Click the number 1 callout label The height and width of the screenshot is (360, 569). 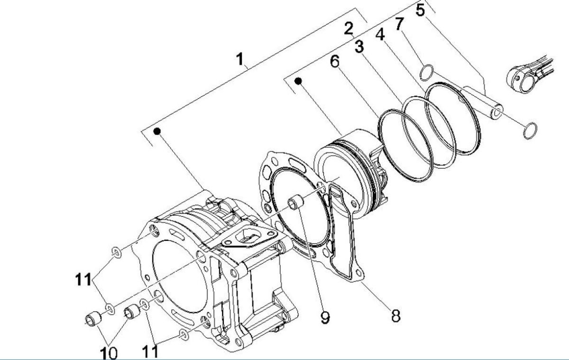click(x=240, y=59)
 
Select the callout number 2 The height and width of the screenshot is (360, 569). click(x=349, y=29)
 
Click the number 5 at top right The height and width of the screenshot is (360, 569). click(x=421, y=10)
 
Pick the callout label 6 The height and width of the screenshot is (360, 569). click(x=335, y=62)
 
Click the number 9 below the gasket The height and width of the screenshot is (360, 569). click(x=324, y=317)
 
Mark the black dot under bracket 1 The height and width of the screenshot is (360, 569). click(x=157, y=130)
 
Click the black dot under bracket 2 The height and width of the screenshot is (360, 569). click(x=298, y=81)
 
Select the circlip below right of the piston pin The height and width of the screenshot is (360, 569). click(x=530, y=131)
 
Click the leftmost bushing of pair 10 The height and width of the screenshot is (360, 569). click(x=93, y=318)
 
